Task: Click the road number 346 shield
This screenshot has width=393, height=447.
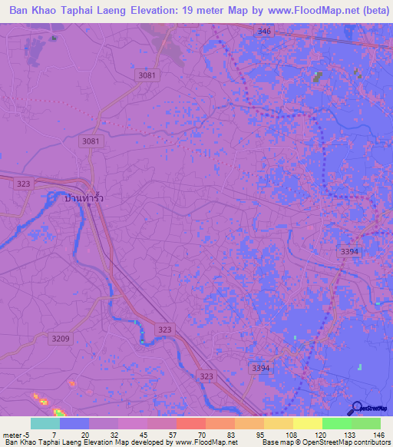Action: coord(265,31)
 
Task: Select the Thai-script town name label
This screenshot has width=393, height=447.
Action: coord(84,198)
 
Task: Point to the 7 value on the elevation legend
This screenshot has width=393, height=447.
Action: coord(54,434)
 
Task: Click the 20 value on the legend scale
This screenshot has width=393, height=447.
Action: coord(84,434)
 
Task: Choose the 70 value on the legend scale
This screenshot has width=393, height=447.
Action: coord(201,434)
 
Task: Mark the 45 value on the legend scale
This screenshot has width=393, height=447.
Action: coord(143,434)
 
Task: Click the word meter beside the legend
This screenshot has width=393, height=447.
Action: coord(14,434)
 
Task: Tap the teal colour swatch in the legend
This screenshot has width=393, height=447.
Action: coord(45,423)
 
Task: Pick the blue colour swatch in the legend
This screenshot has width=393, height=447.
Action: coord(74,423)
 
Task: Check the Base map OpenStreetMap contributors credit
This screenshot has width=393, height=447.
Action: coord(325,442)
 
